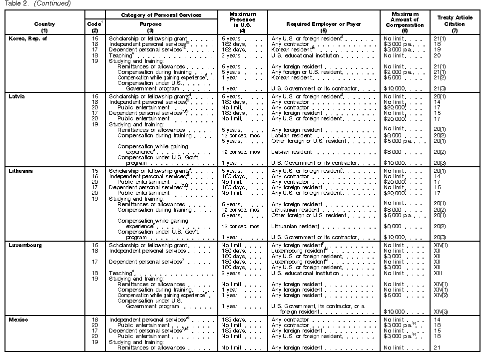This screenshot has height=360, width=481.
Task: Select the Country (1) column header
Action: pos(44,26)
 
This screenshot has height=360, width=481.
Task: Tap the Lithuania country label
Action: pos(21,171)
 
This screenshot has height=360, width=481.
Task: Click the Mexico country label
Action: pos(18,320)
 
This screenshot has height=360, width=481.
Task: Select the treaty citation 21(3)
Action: pos(440,88)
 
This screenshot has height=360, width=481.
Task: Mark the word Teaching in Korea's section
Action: pos(120,55)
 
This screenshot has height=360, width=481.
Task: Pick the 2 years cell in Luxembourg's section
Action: pos(231,273)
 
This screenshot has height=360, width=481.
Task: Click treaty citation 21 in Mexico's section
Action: pos(437,348)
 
